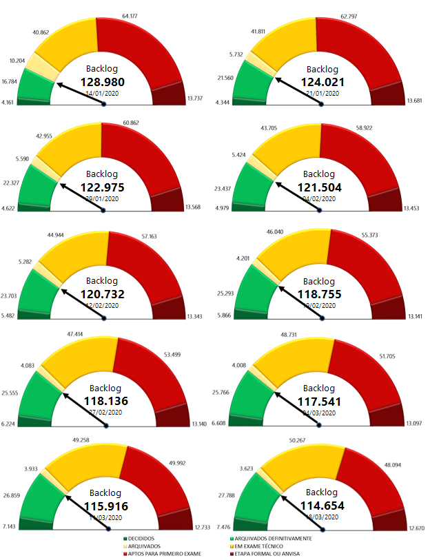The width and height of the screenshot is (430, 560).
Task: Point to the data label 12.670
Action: (416, 528)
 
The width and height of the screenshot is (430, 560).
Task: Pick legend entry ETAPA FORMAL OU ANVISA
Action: (265, 553)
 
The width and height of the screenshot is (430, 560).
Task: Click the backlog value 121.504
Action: (319, 187)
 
